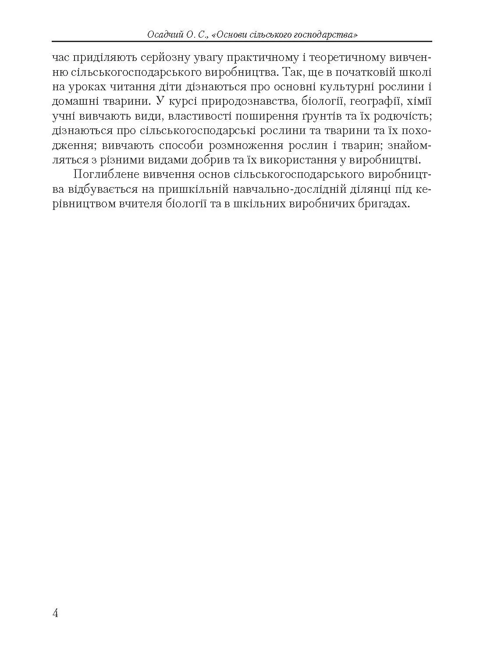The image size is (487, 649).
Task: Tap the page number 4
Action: click(55, 613)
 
